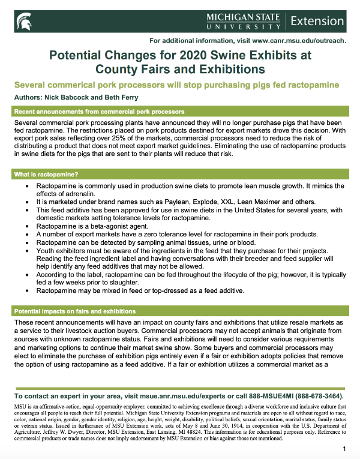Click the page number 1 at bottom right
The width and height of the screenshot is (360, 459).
(x=344, y=449)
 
